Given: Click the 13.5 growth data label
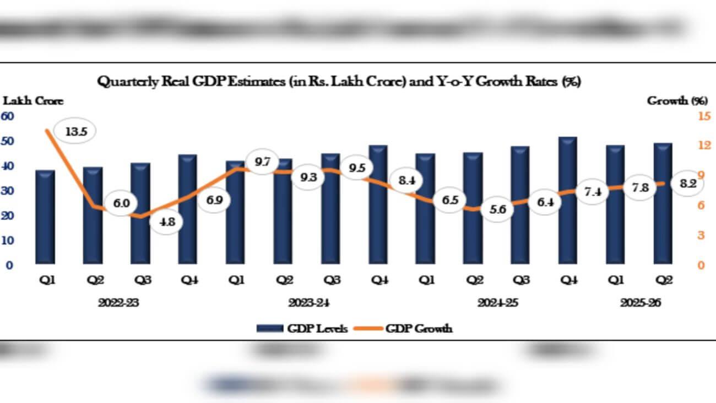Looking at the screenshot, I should pos(75,132).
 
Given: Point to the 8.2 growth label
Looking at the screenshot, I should pos(688,184).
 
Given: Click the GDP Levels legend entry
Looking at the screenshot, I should pos(302,329).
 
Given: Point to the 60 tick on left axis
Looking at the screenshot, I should pos(7,116).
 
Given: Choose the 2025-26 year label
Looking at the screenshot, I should pos(640,303).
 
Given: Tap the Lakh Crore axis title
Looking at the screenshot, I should pos(34,101).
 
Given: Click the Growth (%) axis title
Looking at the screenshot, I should pos(677,101).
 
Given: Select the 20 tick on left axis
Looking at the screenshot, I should pos(7,216).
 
